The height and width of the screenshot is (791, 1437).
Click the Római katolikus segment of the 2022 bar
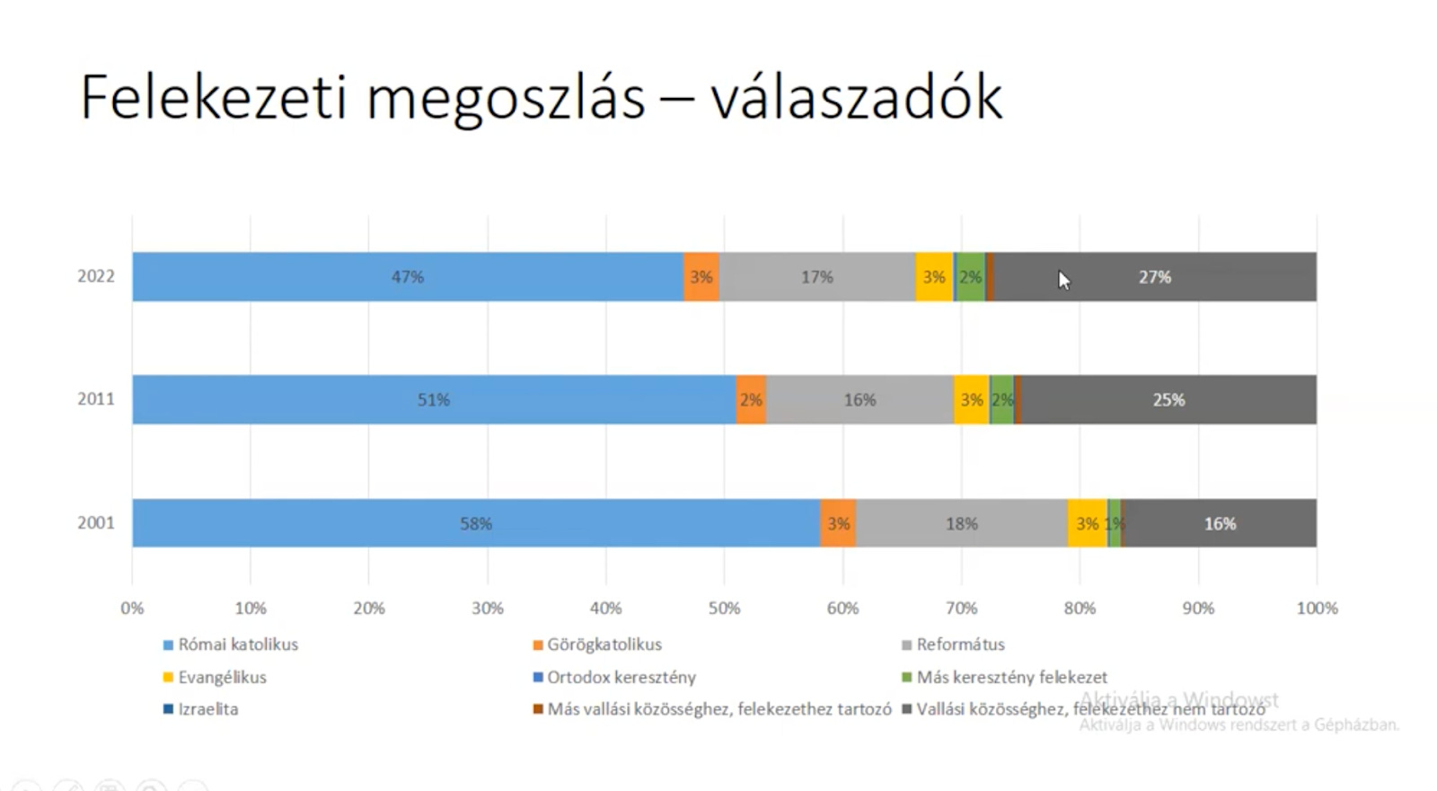click(407, 277)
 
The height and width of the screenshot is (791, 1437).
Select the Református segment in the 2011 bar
click(860, 400)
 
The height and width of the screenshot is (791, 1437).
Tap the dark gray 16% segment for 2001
click(1220, 523)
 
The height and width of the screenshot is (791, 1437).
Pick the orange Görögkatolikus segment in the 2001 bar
click(838, 523)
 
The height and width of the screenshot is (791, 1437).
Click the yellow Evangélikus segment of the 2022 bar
click(934, 277)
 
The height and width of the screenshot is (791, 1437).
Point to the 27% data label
click(1155, 277)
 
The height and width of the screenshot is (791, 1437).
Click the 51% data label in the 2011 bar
click(433, 400)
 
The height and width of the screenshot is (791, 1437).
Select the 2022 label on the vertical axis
click(96, 276)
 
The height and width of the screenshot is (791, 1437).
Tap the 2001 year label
click(96, 523)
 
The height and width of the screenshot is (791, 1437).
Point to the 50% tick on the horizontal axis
click(724, 609)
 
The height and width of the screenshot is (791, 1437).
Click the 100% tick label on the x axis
click(1317, 609)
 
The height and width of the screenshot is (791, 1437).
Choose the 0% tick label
click(132, 609)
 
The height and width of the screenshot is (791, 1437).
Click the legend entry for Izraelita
click(207, 709)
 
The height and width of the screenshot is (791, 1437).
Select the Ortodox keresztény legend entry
click(621, 677)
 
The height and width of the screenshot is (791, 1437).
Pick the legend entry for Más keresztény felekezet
click(1011, 677)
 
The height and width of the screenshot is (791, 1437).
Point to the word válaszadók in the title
click(856, 97)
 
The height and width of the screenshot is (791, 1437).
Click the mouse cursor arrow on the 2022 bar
click(1063, 280)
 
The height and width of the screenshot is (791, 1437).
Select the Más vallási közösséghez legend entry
click(718, 709)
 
